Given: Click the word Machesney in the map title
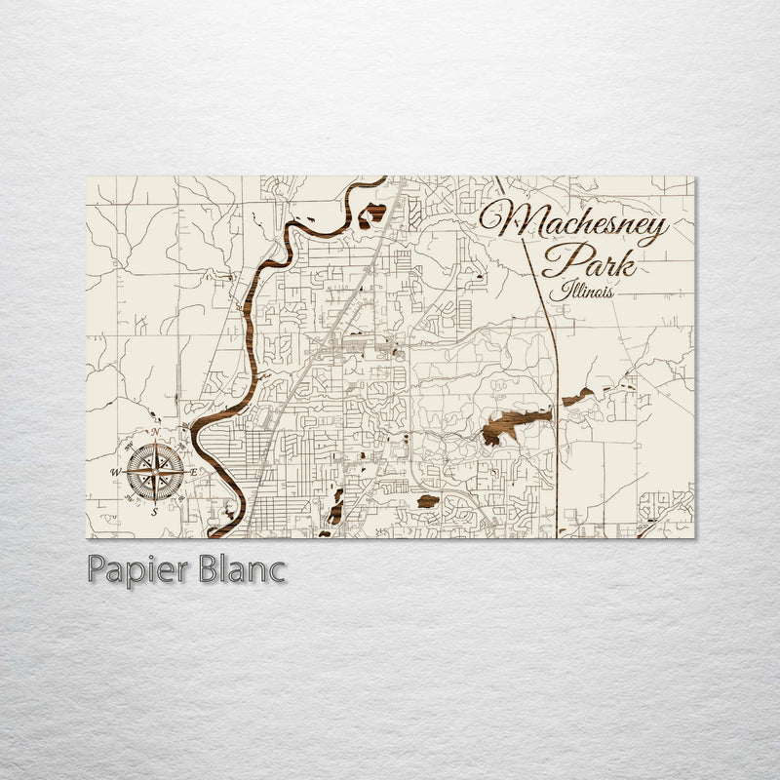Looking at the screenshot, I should [x=573, y=223].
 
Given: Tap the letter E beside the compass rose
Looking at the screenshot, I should [x=192, y=472].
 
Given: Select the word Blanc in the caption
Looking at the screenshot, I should [x=238, y=568].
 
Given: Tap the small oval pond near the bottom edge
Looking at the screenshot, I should [x=427, y=502].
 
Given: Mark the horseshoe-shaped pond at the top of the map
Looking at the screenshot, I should [x=371, y=214].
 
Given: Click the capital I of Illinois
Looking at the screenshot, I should [x=553, y=290].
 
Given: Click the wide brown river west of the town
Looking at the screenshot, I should [x=255, y=322].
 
